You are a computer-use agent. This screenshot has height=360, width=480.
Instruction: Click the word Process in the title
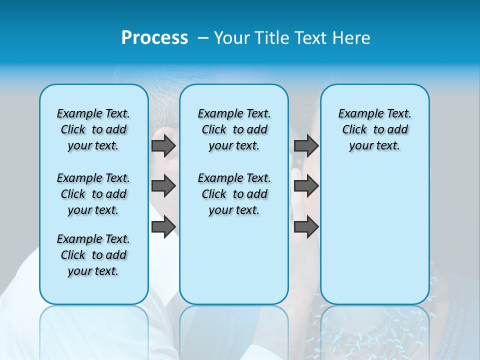[154, 37]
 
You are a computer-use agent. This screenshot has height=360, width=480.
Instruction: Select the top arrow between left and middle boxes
[163, 145]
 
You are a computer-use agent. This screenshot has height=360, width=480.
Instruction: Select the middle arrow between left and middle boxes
[163, 186]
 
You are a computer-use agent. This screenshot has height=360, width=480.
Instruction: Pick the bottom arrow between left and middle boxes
[163, 226]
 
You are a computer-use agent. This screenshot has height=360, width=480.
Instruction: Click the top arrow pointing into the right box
[306, 145]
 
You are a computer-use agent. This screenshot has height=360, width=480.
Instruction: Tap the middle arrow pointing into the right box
[306, 186]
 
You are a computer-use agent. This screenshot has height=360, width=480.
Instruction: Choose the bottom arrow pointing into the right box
[306, 226]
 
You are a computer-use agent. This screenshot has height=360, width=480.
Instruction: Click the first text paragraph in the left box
[93, 129]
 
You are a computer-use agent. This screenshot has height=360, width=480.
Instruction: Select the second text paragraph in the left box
[93, 194]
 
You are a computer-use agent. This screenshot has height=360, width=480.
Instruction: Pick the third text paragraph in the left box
[93, 255]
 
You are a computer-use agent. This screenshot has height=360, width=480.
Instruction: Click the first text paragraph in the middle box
[234, 129]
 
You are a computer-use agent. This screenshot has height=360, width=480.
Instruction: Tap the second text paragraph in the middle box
[234, 194]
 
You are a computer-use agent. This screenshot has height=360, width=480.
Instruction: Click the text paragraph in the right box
[374, 129]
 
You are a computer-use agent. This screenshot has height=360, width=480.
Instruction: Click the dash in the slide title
[203, 38]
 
